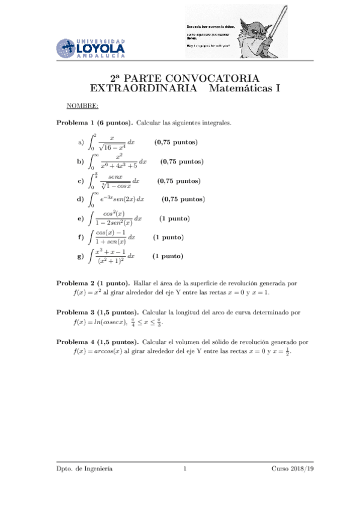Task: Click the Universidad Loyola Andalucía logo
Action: (x=91, y=47)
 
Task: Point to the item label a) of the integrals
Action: (x=81, y=143)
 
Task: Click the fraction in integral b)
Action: (x=118, y=161)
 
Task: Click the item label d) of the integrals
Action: (x=81, y=199)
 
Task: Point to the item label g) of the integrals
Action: (x=81, y=256)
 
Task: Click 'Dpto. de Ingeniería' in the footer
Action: (x=84, y=469)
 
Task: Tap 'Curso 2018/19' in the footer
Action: (x=293, y=469)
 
